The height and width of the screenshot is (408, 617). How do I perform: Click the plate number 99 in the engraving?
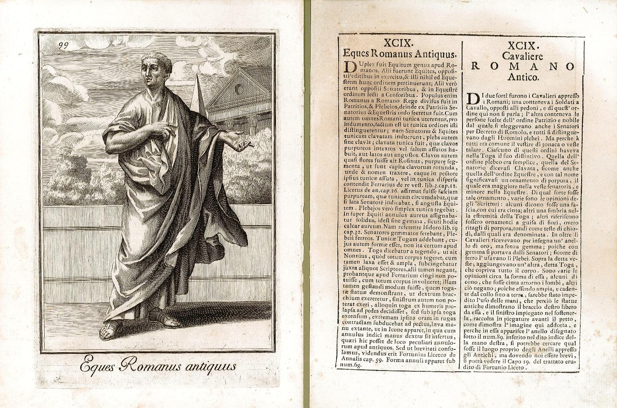point(63,45)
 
